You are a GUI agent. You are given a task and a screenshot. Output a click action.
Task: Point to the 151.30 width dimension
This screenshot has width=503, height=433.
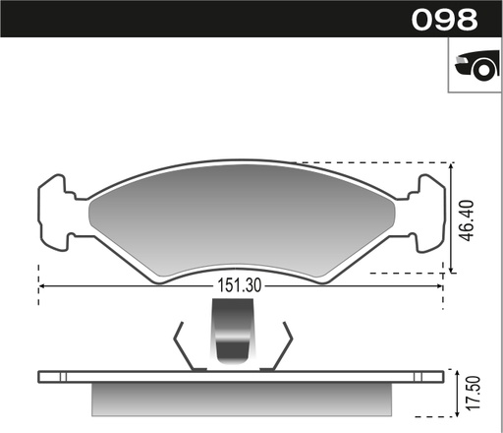tap(238, 286)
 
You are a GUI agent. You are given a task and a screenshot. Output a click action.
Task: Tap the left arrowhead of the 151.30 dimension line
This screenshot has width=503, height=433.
tap(42, 286)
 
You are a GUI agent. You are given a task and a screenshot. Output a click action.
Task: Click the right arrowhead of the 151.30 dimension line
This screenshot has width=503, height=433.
tap(438, 286)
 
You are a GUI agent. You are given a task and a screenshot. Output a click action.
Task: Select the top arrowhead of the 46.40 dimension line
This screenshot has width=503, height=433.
tap(451, 166)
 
